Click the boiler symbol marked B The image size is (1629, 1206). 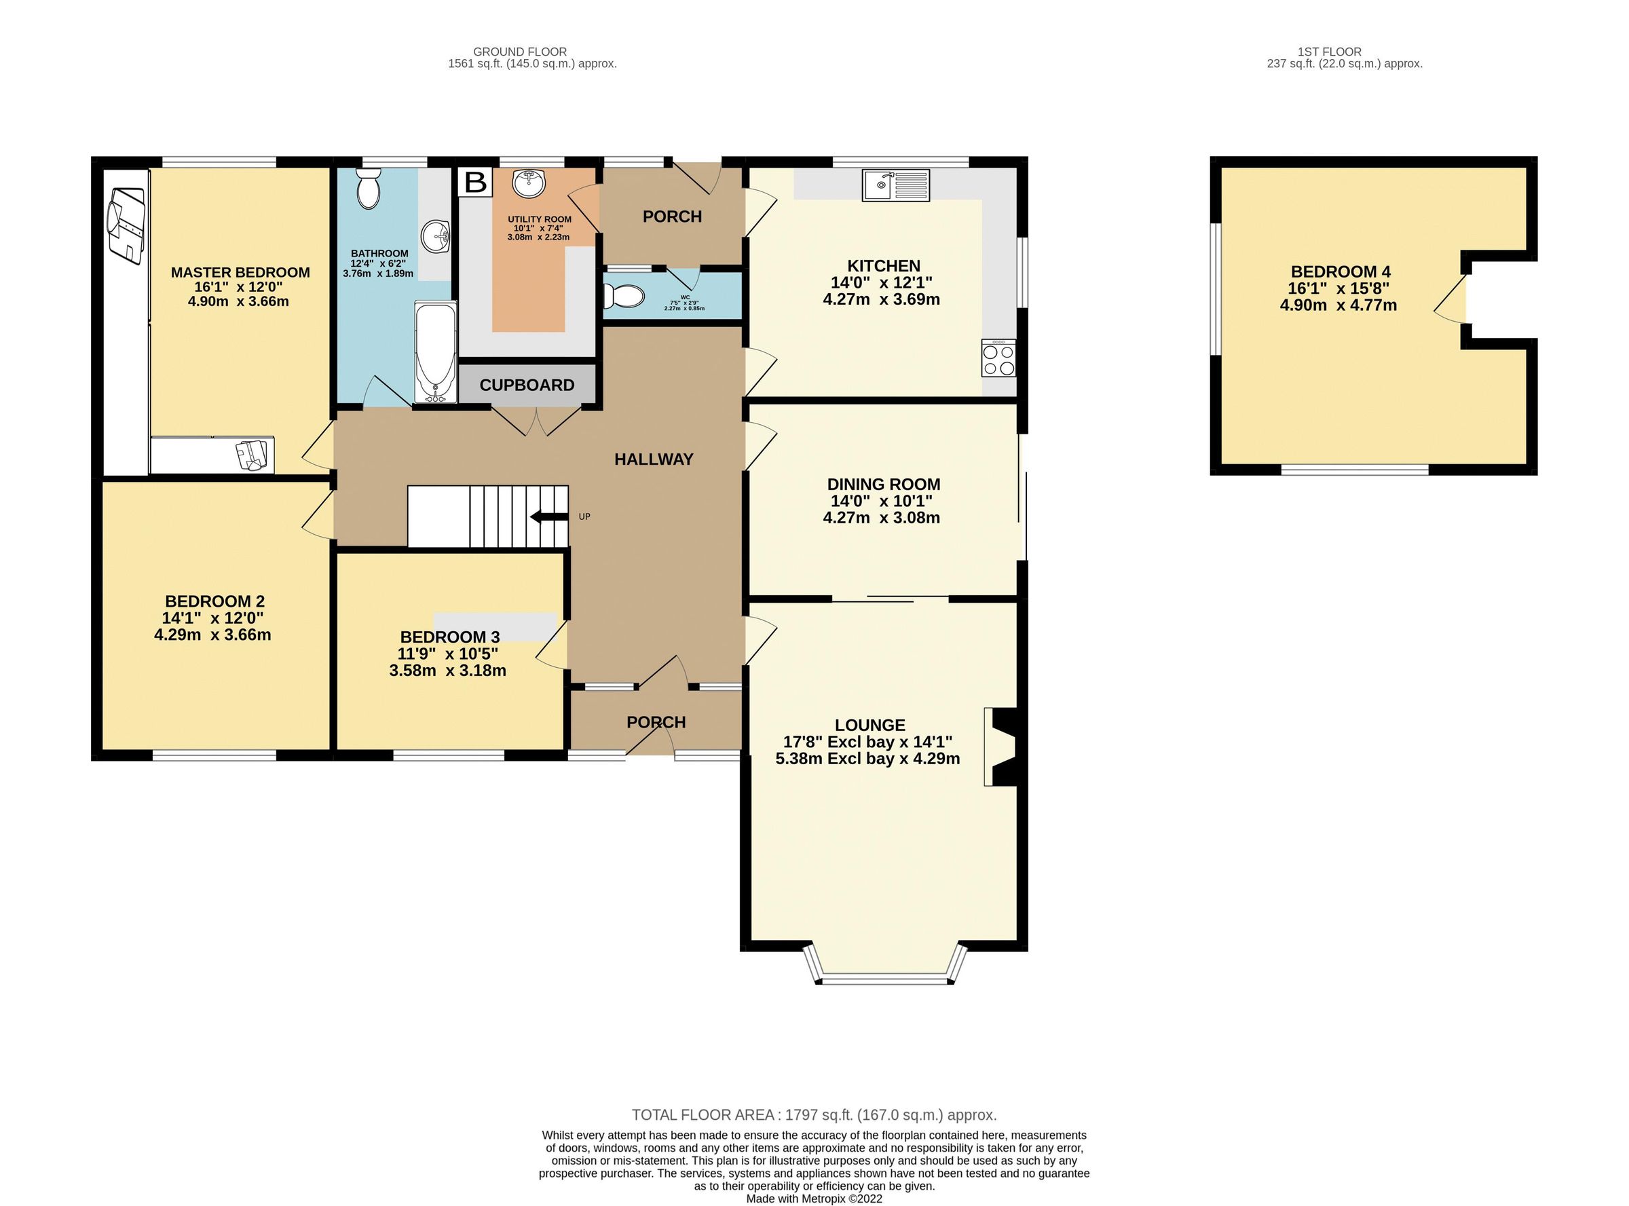click(x=475, y=182)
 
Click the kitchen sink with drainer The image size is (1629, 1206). click(x=895, y=185)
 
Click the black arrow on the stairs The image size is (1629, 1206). click(x=548, y=517)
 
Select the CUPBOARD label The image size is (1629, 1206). click(x=527, y=385)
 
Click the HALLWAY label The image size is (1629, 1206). click(x=654, y=459)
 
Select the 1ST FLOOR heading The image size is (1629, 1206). click(x=1329, y=52)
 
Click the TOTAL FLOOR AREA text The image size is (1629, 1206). click(x=813, y=1115)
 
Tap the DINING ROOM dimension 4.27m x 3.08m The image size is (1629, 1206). click(x=880, y=518)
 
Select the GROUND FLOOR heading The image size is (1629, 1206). click(x=520, y=52)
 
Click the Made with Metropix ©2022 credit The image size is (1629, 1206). click(x=813, y=1199)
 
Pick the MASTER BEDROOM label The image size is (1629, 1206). click(x=240, y=272)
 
